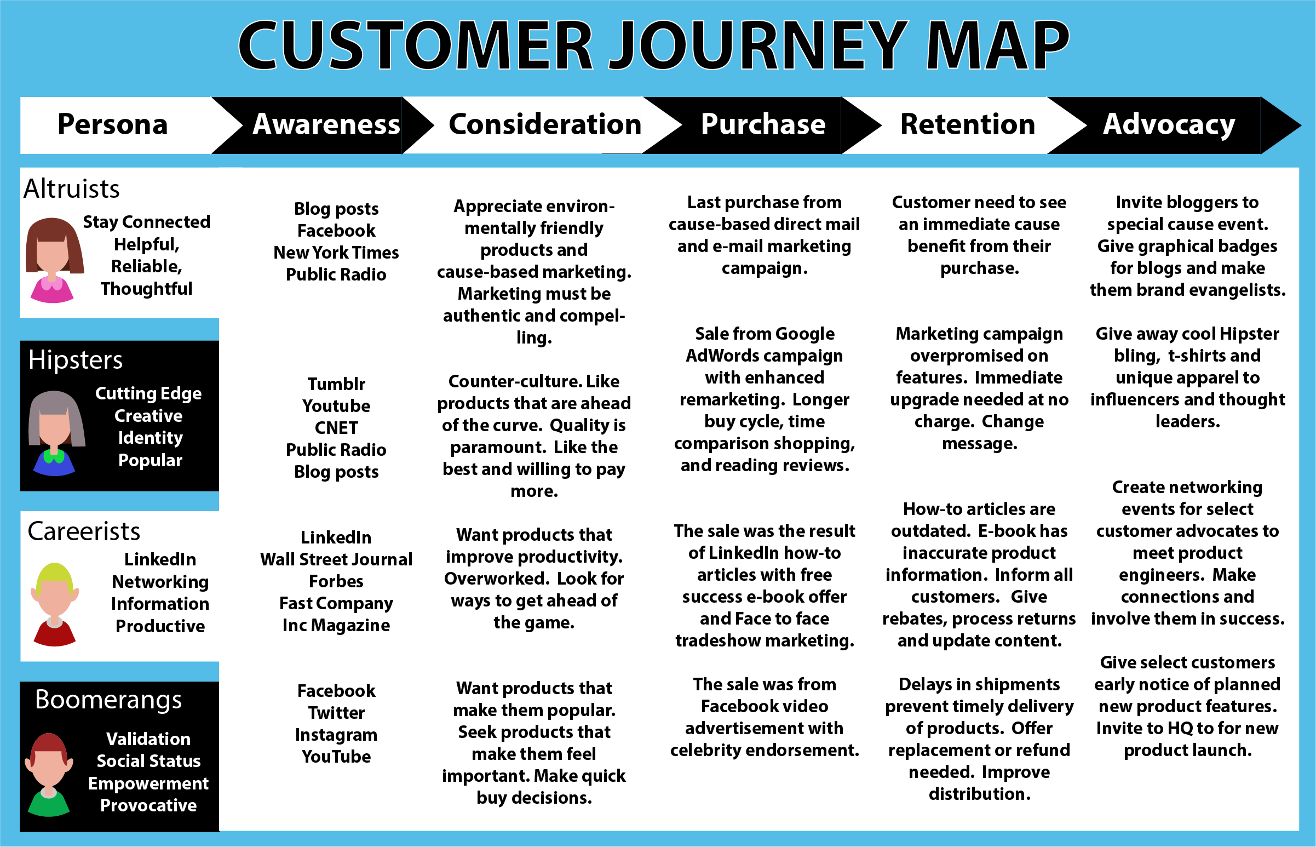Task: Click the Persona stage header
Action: [113, 124]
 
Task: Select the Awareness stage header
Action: [326, 124]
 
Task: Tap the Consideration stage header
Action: [545, 124]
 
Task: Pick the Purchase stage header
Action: [763, 124]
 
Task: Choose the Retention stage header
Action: [968, 124]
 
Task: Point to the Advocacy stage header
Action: [1169, 124]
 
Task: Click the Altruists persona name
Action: [71, 189]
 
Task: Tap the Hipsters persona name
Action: [76, 360]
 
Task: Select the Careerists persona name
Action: [84, 531]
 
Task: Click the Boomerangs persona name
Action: [108, 700]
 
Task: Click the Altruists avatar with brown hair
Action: [54, 260]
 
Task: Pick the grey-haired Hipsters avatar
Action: [55, 433]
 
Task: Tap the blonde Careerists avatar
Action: [54, 604]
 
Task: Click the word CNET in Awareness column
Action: [336, 427]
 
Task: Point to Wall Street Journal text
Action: [336, 559]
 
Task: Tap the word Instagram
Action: [336, 735]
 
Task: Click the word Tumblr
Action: [336, 384]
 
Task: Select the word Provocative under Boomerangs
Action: [148, 805]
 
